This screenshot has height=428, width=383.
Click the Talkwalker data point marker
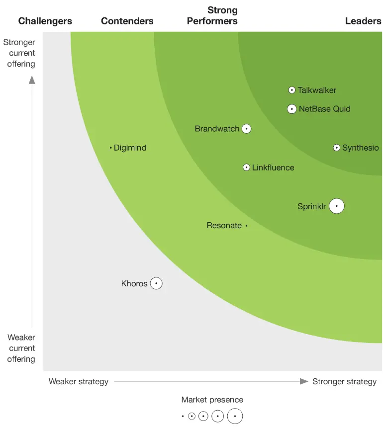tap(292, 90)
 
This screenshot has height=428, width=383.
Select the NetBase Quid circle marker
tap(292, 109)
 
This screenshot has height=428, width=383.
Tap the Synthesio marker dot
tap(337, 148)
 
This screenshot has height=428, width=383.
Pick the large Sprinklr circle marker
tap(337, 206)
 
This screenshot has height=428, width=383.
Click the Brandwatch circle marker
tap(246, 129)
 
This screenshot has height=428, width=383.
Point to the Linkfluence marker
tap(246, 168)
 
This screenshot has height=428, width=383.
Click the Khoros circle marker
tap(156, 283)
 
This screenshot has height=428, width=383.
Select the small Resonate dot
tap(246, 226)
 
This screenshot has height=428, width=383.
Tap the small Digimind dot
tap(111, 148)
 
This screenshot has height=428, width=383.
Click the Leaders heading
tap(363, 21)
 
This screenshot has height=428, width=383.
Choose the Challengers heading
tap(45, 21)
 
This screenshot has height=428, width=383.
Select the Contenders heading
tap(127, 21)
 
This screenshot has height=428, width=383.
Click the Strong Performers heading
tap(212, 15)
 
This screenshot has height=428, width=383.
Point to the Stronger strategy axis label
tap(344, 382)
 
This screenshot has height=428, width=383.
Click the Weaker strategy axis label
tap(79, 382)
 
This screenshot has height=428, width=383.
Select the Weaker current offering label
tap(21, 348)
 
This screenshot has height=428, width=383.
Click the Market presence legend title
tap(212, 400)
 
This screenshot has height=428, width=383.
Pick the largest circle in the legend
tap(235, 416)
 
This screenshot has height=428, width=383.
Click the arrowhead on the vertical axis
tap(32, 80)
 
